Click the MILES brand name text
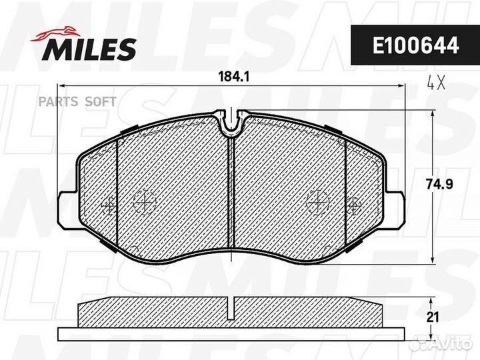[x=91, y=47]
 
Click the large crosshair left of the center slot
[x=144, y=200]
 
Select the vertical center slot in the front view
[x=230, y=193]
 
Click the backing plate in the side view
[x=230, y=333]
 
